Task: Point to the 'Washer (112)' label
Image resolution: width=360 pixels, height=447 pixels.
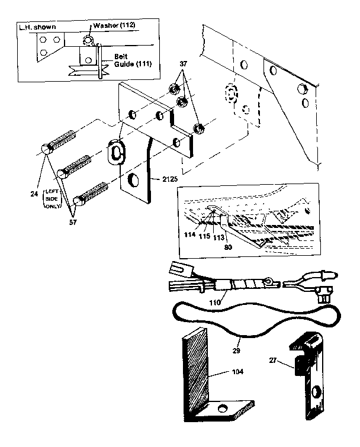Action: click(x=114, y=26)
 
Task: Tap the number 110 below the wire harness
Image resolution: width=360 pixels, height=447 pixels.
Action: click(x=214, y=303)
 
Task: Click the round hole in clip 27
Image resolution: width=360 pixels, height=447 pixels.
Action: click(x=316, y=392)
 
